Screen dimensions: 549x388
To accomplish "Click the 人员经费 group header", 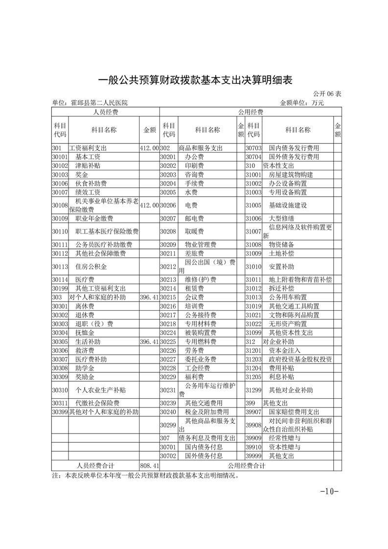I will point(106,112).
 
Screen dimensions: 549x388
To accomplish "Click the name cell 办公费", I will point(195,157).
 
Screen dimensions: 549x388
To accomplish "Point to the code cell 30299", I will point(168,425).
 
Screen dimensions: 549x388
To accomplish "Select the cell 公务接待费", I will point(200,314).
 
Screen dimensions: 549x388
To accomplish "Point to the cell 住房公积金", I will point(91,267).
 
